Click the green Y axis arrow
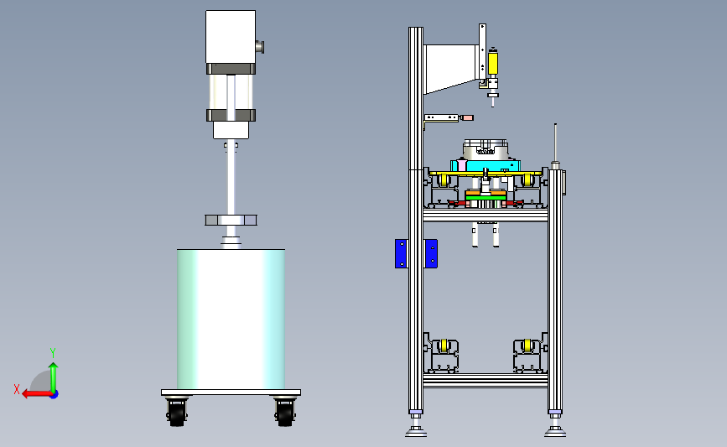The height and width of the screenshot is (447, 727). pyautogui.click(x=54, y=378)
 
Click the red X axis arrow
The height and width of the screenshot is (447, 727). pyautogui.click(x=37, y=393)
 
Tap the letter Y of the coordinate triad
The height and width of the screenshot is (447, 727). pyautogui.click(x=53, y=353)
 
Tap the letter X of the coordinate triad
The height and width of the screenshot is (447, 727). pyautogui.click(x=17, y=389)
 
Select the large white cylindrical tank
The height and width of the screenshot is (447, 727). pyautogui.click(x=231, y=319)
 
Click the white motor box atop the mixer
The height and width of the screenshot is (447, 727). pyautogui.click(x=231, y=37)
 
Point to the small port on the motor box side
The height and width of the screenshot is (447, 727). pyautogui.click(x=260, y=47)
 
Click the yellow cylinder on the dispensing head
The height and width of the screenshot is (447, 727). pyautogui.click(x=493, y=64)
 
